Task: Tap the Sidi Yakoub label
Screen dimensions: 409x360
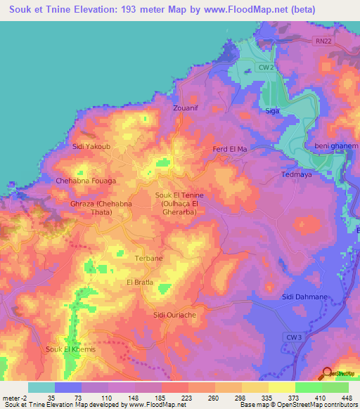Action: pyautogui.click(x=89, y=147)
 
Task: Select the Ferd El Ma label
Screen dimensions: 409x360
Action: pyautogui.click(x=230, y=150)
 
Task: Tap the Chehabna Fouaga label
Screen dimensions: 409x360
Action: pyautogui.click(x=86, y=181)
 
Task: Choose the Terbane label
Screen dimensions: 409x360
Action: pyautogui.click(x=148, y=259)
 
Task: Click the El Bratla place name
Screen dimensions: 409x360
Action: pyautogui.click(x=140, y=282)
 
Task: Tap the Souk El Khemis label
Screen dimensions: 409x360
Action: pyautogui.click(x=70, y=349)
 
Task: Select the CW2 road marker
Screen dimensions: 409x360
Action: pyautogui.click(x=264, y=67)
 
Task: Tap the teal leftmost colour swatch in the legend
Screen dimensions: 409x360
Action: pyautogui.click(x=41, y=387)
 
